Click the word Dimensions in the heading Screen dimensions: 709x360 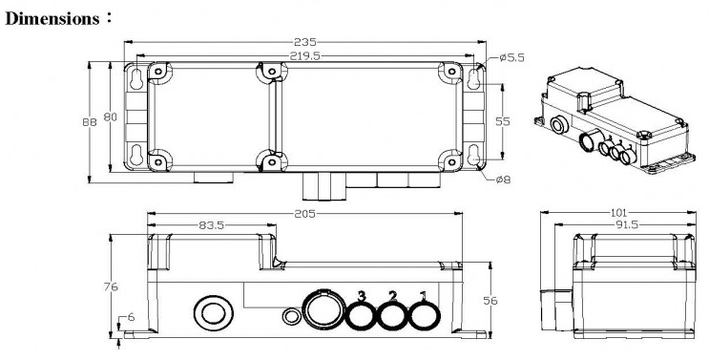[x=52, y=18]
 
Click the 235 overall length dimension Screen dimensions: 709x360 [x=305, y=42]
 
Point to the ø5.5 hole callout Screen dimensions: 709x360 [x=511, y=58]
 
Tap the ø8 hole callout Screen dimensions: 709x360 [x=503, y=180]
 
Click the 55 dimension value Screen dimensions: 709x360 [x=503, y=121]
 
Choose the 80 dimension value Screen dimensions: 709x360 [x=111, y=116]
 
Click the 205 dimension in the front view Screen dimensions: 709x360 [x=304, y=214]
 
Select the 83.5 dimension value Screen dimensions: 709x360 [x=212, y=225]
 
